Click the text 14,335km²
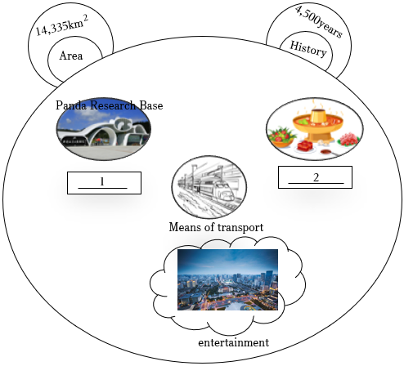[62, 26]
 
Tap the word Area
[71, 56]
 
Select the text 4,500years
[319, 21]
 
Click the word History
[308, 49]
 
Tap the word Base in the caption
[151, 105]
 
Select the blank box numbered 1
[104, 183]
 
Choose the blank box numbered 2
[315, 177]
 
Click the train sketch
[209, 187]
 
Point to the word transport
[240, 227]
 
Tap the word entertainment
[234, 342]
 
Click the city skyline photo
[227, 279]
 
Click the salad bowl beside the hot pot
[281, 136]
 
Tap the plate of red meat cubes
[305, 146]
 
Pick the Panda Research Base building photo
[104, 129]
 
